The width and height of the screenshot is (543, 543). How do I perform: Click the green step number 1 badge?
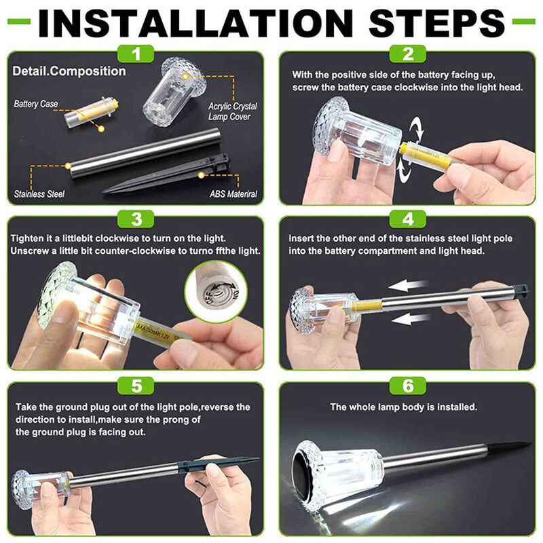coord(136,54)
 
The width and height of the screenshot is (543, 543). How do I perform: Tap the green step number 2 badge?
coord(408,54)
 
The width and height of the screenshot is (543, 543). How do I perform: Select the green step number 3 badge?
coord(136,219)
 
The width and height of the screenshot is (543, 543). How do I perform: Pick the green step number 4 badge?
coord(408,219)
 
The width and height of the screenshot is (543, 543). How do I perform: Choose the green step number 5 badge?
coord(136,386)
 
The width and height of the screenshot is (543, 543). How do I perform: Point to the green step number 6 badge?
coord(408,386)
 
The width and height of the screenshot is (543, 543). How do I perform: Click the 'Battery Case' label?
coord(36,104)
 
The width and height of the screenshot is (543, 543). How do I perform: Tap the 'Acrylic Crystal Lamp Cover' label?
coord(232,111)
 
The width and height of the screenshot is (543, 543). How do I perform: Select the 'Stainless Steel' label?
coord(39,194)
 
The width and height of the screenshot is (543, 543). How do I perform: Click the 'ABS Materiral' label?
coord(233,194)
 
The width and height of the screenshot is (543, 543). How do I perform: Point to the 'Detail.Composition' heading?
coord(69,71)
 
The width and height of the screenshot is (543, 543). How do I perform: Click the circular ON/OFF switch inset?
coord(217,290)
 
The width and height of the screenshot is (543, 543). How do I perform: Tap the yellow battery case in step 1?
coord(92,113)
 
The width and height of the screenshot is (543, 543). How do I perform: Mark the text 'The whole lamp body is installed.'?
coord(403,407)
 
